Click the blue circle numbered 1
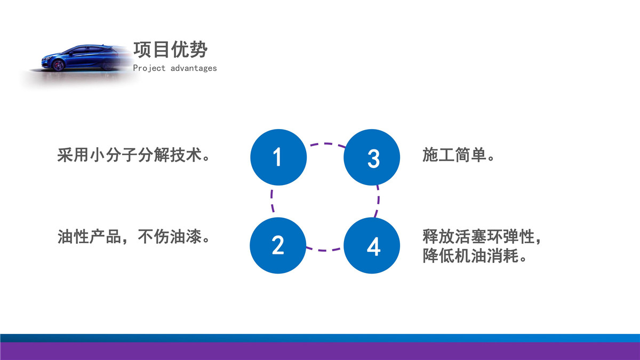point(278,157)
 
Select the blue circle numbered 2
point(278,245)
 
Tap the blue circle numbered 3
point(372,157)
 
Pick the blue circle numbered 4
point(372,245)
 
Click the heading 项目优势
point(171,50)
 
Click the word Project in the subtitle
point(149,68)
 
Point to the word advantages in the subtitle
point(194,68)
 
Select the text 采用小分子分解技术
point(130,155)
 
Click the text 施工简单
point(454,155)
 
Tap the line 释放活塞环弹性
point(478,237)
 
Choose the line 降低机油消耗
point(470,255)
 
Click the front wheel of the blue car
point(58,65)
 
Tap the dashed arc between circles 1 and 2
point(271,201)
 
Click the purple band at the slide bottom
point(320,351)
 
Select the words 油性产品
point(89,237)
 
